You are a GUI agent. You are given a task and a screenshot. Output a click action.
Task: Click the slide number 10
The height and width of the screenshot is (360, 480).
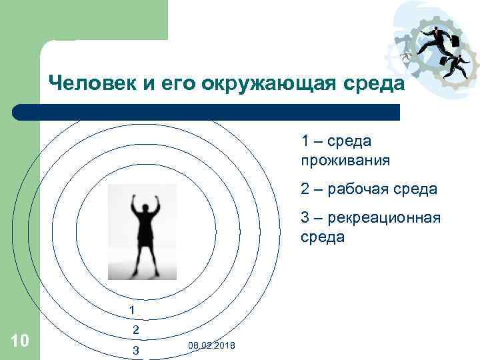20,341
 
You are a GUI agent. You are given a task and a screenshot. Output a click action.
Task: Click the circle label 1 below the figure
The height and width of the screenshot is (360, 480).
132,310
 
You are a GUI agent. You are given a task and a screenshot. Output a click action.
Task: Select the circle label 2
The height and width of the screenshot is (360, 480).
135,330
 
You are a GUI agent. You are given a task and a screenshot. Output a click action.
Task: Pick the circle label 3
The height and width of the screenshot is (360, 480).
135,349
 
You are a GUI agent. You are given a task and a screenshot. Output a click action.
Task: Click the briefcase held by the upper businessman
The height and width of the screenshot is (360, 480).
455,41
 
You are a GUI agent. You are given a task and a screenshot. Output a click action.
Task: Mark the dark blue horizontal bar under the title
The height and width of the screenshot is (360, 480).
207,112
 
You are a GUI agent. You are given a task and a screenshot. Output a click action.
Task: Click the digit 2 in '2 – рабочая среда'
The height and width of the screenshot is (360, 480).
305,190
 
